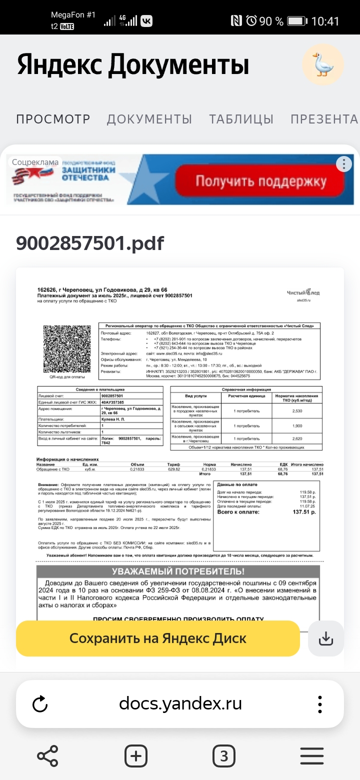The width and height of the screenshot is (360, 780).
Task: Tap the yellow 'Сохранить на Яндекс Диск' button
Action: click(157, 638)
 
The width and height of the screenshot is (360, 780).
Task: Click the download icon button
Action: click(325, 638)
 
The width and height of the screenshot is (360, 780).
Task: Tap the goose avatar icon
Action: click(322, 64)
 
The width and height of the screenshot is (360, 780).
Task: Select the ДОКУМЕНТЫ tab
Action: click(149, 119)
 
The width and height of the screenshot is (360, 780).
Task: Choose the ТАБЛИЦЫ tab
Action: click(241, 119)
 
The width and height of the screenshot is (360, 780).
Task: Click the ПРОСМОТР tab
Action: click(53, 119)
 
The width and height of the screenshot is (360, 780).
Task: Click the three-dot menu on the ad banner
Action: click(343, 164)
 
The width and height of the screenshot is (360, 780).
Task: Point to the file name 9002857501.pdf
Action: click(90, 243)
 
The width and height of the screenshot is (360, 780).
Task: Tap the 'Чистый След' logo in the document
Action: click(303, 293)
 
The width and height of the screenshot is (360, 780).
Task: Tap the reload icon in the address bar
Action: click(39, 704)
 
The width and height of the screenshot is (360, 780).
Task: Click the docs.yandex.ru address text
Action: click(180, 704)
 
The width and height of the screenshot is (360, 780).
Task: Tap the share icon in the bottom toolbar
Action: click(48, 755)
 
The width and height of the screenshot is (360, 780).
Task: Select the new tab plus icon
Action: click(136, 755)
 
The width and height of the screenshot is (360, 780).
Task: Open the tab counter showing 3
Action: click(223, 755)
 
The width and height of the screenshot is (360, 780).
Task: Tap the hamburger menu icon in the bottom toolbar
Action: click(311, 755)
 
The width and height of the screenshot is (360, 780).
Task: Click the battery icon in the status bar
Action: click(297, 21)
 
